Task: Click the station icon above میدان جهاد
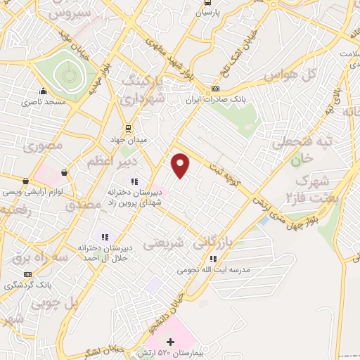[128, 129]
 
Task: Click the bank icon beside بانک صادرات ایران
[214, 89]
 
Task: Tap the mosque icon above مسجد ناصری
[44, 91]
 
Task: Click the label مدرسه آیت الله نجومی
[212, 269]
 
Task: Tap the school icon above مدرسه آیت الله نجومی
[212, 258]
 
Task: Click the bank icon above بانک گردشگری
[27, 274]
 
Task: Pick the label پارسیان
[207, 12]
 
